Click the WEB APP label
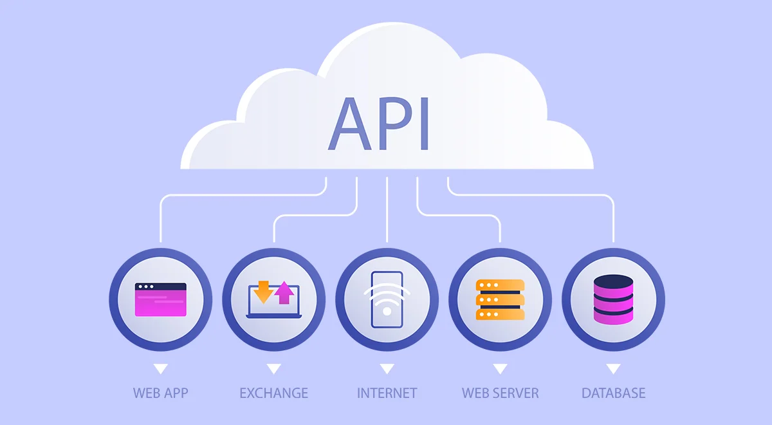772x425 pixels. click(161, 393)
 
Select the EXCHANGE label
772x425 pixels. click(273, 393)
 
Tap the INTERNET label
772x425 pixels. click(387, 393)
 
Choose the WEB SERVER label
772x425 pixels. click(500, 393)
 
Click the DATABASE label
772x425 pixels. click(613, 393)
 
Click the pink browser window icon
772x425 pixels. click(161, 299)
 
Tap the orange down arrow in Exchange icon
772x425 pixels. click(263, 292)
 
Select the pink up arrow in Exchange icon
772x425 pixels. click(284, 293)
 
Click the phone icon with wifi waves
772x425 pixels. click(387, 301)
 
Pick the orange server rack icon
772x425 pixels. click(500, 299)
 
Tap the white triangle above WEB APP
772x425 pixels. click(161, 369)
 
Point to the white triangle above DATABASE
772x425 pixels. click(613, 369)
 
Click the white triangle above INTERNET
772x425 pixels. click(387, 369)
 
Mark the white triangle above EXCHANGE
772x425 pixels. click(273, 369)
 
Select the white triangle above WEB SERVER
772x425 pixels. click(500, 369)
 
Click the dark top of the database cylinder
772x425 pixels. click(613, 281)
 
